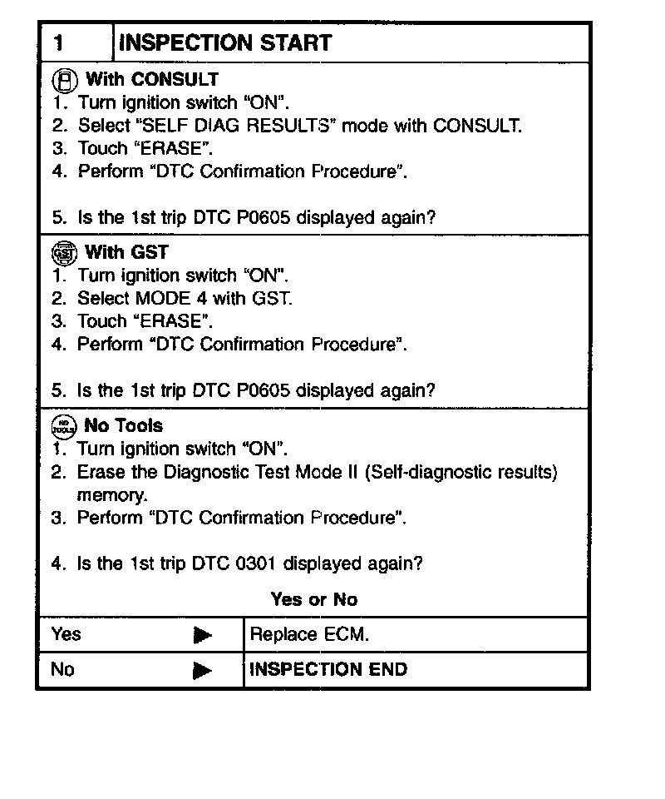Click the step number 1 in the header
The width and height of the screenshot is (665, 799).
coord(59,43)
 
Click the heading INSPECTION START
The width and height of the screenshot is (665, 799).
coord(225,43)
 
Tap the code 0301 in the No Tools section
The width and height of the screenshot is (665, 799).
coord(256,563)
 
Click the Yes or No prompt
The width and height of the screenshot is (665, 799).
coord(313,599)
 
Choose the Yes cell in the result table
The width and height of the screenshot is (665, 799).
coord(66,634)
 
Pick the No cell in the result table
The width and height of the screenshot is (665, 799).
coord(62,669)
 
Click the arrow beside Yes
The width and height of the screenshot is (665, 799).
coord(202,636)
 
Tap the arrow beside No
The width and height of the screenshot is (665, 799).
coord(202,671)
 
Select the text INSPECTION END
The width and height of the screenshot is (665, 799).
coord(328,669)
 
